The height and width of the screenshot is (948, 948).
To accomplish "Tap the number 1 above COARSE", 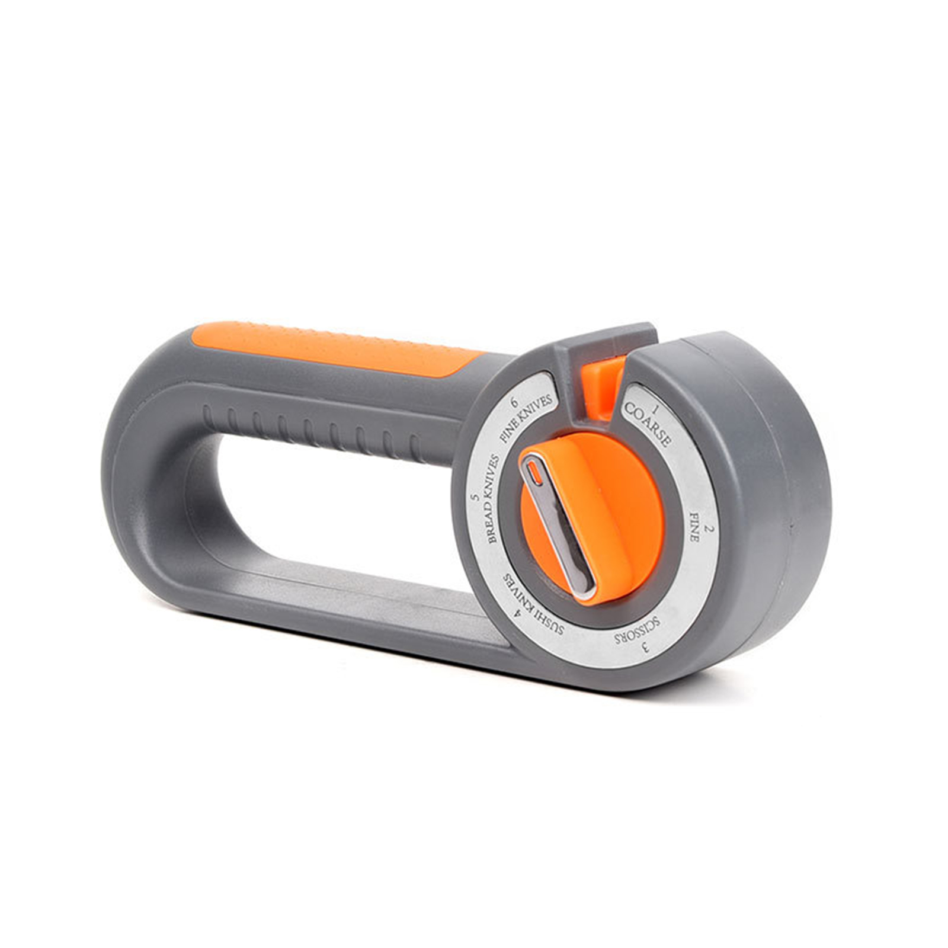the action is [x=656, y=409].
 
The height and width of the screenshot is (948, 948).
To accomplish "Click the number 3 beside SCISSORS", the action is [x=645, y=648].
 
